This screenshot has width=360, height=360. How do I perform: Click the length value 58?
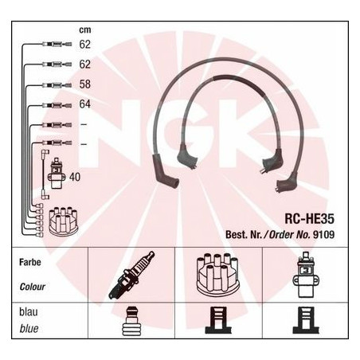(x=85, y=84)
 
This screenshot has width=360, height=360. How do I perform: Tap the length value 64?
(x=85, y=104)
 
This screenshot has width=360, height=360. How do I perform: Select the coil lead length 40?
(x=75, y=177)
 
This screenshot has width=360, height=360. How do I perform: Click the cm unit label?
(x=85, y=30)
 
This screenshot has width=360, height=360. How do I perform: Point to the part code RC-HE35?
(x=309, y=219)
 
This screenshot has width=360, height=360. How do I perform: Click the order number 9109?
(x=324, y=235)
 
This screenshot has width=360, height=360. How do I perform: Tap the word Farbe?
(x=30, y=262)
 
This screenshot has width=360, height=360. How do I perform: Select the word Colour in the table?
(x=32, y=287)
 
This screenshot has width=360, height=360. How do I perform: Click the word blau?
(x=29, y=312)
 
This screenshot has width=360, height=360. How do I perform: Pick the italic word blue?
(x=29, y=329)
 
